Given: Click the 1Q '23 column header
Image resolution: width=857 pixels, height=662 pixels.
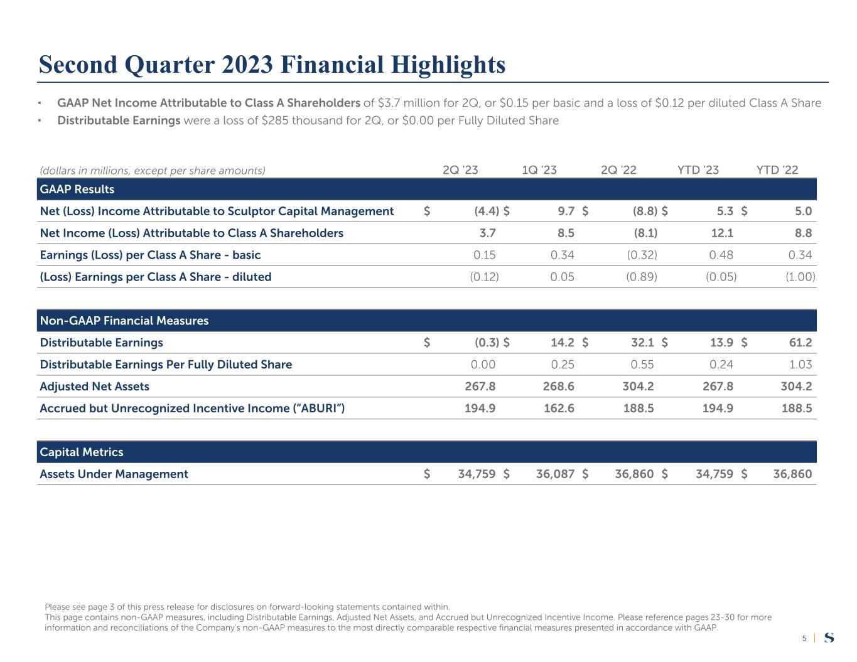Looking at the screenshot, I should [x=539, y=170].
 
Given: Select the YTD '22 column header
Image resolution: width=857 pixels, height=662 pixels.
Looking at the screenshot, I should [x=777, y=170].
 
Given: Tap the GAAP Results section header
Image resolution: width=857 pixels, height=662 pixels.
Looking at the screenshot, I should [x=77, y=189].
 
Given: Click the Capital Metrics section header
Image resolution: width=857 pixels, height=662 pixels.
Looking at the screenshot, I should [x=82, y=452].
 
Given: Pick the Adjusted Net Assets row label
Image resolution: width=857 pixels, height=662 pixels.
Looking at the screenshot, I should [x=95, y=387].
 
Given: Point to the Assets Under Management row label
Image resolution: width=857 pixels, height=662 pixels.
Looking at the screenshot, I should [x=114, y=474].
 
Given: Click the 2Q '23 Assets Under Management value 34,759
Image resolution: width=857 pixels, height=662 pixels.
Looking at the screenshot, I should [x=477, y=474].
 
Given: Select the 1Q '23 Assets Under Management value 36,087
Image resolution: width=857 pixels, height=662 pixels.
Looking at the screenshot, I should [x=555, y=474].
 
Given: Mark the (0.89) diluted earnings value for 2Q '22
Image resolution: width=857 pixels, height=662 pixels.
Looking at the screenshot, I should [x=642, y=277].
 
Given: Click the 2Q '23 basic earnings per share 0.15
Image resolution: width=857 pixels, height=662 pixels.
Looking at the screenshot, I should [x=483, y=255].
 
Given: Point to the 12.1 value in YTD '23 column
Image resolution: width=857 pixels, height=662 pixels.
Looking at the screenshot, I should [x=721, y=233].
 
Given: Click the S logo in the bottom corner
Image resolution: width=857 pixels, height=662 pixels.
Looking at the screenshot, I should [x=829, y=638].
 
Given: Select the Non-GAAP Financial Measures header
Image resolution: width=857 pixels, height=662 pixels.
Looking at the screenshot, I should [x=124, y=321].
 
